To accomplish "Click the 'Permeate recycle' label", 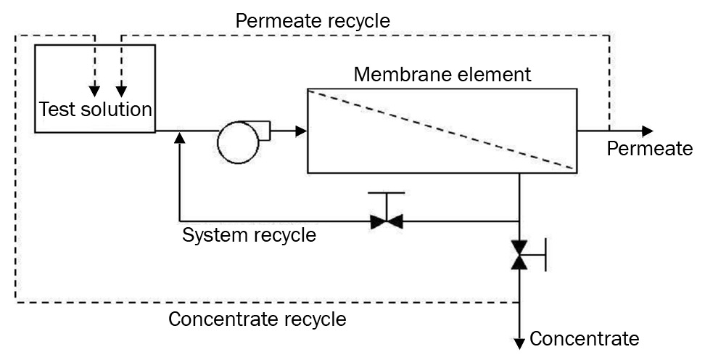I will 313,21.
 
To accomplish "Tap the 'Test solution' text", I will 95,110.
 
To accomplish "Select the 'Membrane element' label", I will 442,74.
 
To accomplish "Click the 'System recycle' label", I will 249,236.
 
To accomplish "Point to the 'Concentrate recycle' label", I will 257,319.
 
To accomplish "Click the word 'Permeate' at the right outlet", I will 649,149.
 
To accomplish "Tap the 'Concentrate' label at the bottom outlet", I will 585,338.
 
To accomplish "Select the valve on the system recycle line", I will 386,221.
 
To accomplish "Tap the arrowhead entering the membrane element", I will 301,131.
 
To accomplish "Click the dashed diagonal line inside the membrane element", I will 442,131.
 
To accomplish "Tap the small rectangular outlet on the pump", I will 264,131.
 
